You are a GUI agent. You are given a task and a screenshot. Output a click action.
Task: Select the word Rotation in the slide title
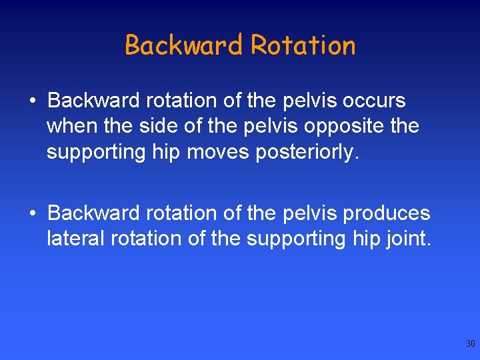[303, 45]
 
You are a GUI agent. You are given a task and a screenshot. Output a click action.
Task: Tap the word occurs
[373, 101]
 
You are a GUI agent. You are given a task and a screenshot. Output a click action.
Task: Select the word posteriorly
[304, 152]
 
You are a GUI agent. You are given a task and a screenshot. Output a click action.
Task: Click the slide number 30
[470, 344]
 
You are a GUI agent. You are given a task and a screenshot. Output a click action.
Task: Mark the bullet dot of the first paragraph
[31, 102]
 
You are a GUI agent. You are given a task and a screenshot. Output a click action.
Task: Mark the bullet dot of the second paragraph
[31, 215]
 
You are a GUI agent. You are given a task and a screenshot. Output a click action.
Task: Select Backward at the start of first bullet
[92, 101]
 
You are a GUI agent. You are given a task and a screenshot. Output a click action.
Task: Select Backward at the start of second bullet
[92, 213]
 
